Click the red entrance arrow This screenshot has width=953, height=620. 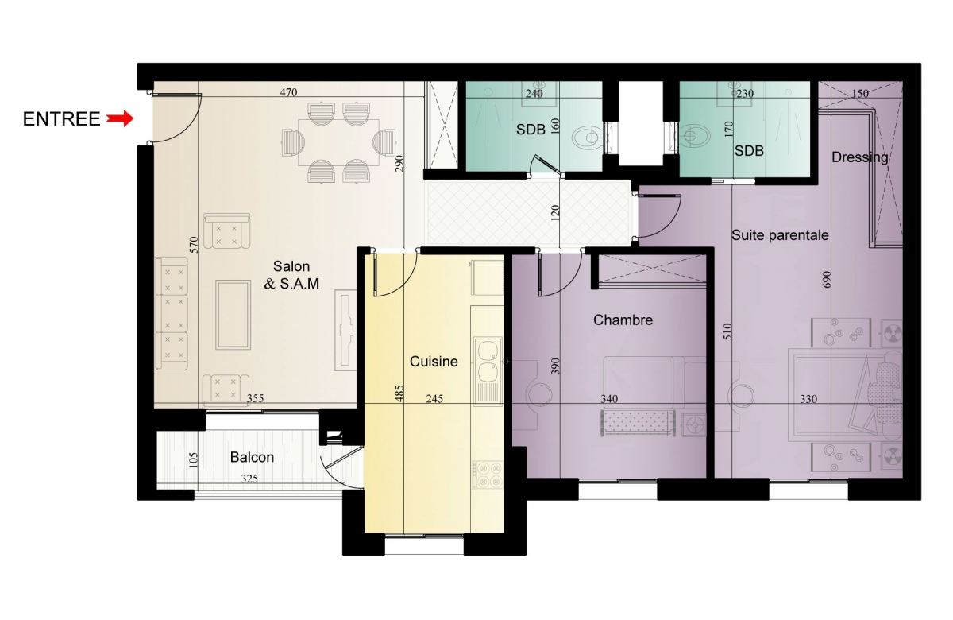pos(120,118)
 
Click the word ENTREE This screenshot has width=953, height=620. pos(61,119)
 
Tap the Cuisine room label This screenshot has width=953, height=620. pos(434,362)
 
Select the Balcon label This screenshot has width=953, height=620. pos(252,457)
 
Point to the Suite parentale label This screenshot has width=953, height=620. pos(780,235)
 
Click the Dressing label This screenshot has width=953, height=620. pos(860,157)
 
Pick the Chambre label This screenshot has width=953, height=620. pos(623,320)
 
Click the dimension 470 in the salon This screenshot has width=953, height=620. pos(288,92)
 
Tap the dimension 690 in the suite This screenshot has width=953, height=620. pos(827,279)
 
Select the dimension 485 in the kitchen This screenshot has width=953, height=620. pos(399,394)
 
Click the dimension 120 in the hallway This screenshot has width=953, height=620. pos(555,213)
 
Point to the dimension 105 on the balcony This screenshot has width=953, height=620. pos(193,460)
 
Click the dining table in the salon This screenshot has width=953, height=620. pos(338,142)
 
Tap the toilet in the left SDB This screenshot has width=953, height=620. pos(588,138)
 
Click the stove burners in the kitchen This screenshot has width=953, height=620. pos(488,475)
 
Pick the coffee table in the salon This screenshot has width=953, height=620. pos(233,315)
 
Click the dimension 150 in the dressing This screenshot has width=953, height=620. pos(860,93)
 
